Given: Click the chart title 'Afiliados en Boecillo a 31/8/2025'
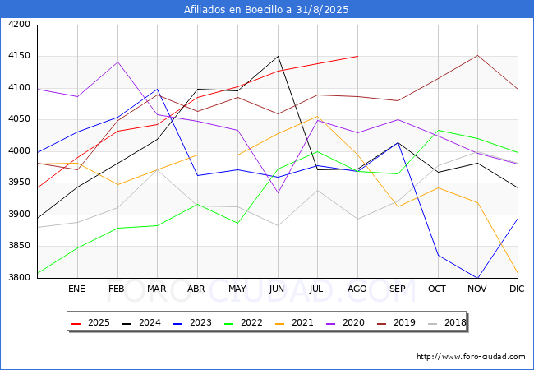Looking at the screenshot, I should (x=267, y=10).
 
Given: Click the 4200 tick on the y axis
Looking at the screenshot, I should (x=18, y=25).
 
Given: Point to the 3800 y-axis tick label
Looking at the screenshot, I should (x=18, y=278).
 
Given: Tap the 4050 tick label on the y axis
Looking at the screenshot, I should (x=18, y=119).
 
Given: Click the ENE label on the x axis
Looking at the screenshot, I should (x=76, y=289).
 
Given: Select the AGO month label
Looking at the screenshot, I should (x=357, y=289).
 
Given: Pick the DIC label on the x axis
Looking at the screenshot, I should (x=517, y=289).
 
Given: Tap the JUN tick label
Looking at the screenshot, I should (x=278, y=289).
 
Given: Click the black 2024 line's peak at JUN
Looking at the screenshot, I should (x=278, y=57).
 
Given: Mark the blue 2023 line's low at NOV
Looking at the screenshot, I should (x=477, y=278).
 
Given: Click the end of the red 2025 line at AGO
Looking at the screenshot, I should (x=357, y=56).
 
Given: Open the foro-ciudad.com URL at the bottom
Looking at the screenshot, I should (x=471, y=357).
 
